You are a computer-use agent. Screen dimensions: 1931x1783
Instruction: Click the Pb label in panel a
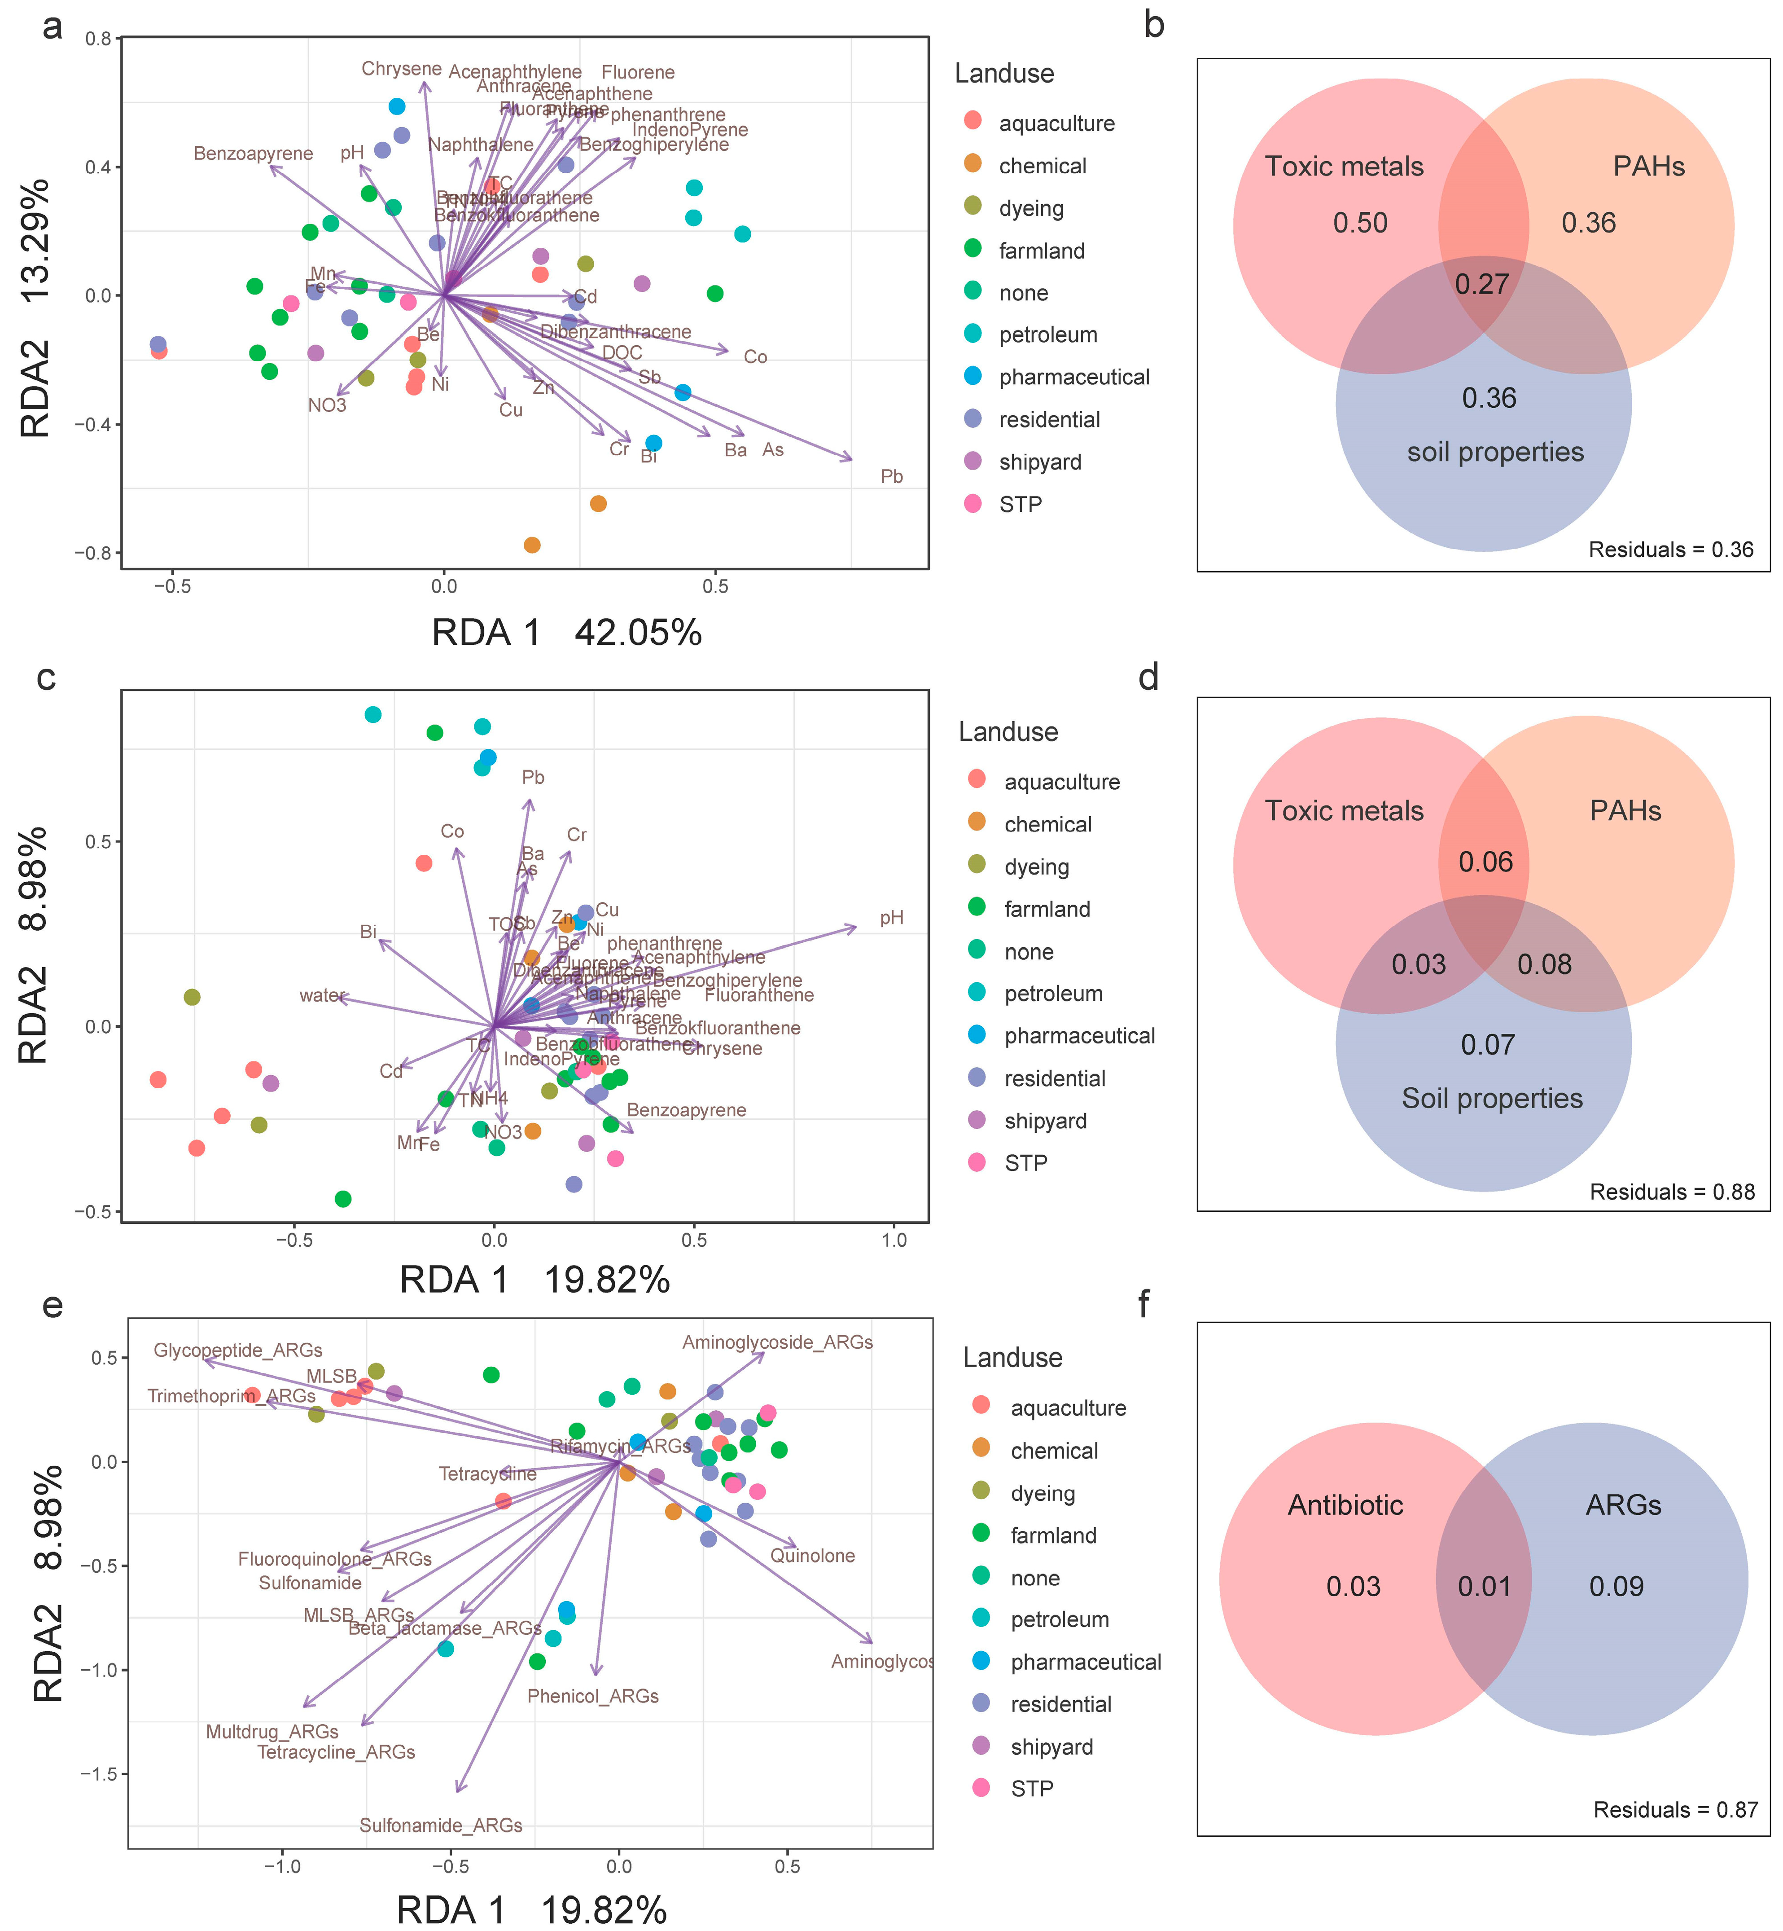[891, 477]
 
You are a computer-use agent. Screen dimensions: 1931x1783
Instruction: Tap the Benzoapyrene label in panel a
[253, 154]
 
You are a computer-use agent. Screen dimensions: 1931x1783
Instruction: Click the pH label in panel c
[891, 918]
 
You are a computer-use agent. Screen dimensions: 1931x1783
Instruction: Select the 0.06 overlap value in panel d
[1485, 862]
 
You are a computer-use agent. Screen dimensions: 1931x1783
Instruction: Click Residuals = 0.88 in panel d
[1671, 1192]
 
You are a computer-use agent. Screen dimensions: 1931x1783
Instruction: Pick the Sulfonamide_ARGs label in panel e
[441, 1825]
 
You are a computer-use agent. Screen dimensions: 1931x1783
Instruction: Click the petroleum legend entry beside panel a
[1048, 335]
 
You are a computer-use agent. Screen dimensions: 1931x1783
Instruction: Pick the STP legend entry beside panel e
[1031, 1788]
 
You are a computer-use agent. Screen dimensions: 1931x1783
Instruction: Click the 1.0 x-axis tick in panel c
[894, 1240]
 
